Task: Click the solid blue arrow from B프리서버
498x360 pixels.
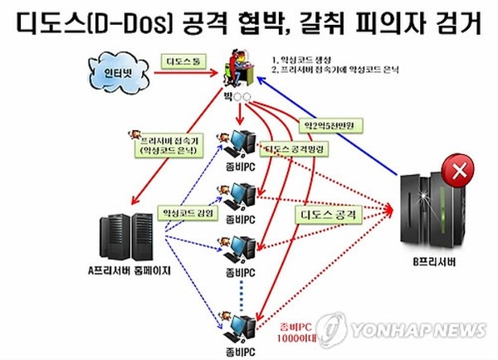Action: (x=332, y=125)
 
